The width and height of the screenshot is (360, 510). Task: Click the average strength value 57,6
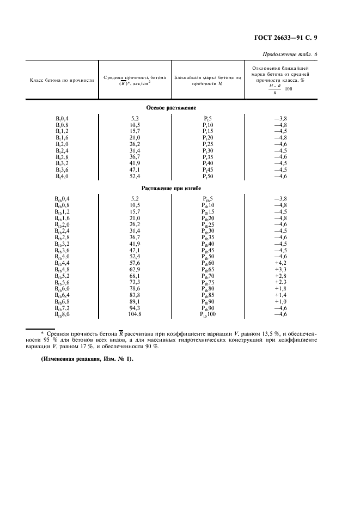click(x=135, y=263)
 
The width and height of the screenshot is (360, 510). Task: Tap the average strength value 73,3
click(x=135, y=282)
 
